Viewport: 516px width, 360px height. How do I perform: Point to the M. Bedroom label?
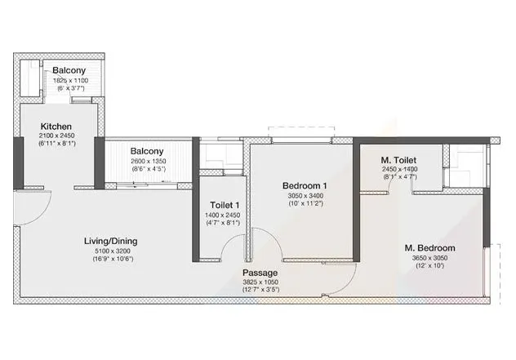(430, 248)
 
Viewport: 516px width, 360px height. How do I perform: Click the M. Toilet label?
(399, 160)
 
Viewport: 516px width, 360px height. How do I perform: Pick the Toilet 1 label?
(224, 205)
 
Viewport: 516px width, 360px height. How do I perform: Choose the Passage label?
(261, 272)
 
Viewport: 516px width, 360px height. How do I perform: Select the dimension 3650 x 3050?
(430, 258)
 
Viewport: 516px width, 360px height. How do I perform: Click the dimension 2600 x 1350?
(147, 162)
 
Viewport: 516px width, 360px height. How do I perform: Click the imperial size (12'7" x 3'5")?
(261, 291)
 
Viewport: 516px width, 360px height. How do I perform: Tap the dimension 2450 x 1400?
(399, 170)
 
